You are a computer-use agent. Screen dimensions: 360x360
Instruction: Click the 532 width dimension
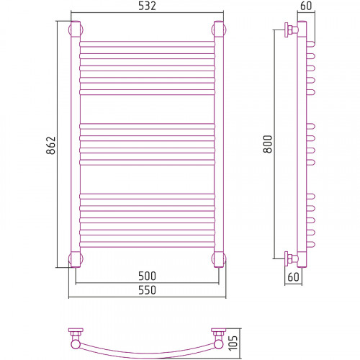pyautogui.click(x=147, y=6)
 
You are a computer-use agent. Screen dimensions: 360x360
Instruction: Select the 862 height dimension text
pyautogui.click(x=51, y=145)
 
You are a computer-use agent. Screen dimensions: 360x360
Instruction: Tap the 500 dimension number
pyautogui.click(x=147, y=276)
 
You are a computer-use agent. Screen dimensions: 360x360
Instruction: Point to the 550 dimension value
pyautogui.click(x=147, y=290)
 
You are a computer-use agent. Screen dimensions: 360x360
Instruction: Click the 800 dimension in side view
pyautogui.click(x=268, y=144)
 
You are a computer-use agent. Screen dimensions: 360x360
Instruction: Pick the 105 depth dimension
pyautogui.click(x=233, y=343)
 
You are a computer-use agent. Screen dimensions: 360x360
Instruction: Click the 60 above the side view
pyautogui.click(x=306, y=6)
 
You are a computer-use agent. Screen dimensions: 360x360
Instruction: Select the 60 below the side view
pyautogui.click(x=293, y=277)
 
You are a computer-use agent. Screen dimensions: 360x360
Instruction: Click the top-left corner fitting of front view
pyautogui.click(x=76, y=30)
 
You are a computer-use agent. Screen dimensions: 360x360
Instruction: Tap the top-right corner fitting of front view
pyautogui.click(x=219, y=30)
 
